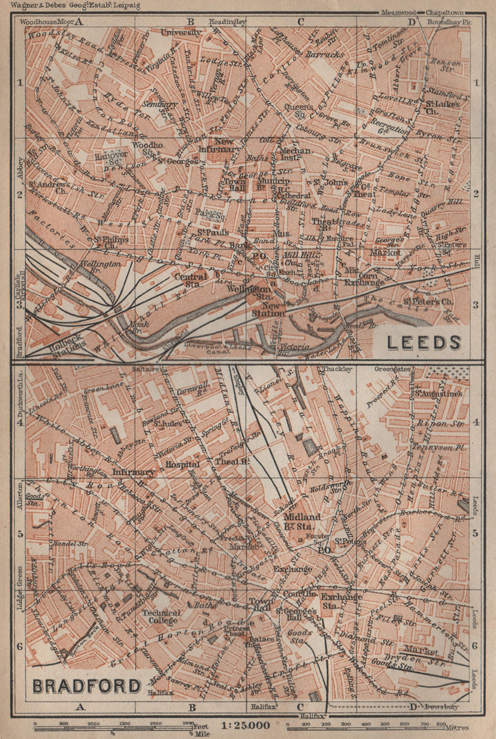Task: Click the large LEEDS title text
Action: click(x=423, y=342)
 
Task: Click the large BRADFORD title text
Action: click(x=87, y=685)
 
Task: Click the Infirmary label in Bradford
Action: click(x=134, y=472)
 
